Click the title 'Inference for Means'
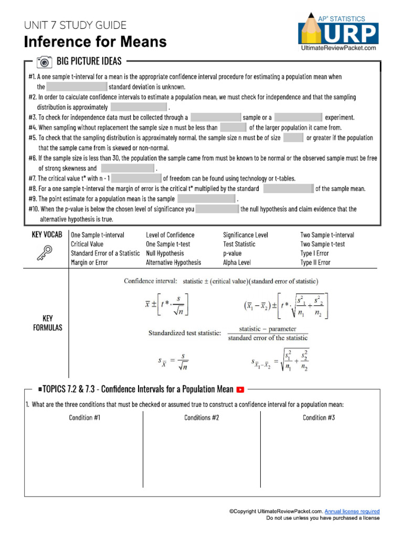click(96, 41)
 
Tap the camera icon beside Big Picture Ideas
click(45, 62)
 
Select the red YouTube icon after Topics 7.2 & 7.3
click(241, 389)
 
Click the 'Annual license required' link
click(352, 511)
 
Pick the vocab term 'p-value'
click(232, 253)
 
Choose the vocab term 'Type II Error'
click(315, 263)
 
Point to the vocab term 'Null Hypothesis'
click(165, 253)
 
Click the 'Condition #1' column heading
click(84, 417)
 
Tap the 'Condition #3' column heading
click(319, 417)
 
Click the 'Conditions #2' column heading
click(201, 417)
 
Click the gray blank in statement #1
click(77, 87)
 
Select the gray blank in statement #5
click(293, 138)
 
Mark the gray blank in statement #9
click(206, 199)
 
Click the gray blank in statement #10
click(217, 209)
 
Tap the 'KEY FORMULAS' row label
click(46, 323)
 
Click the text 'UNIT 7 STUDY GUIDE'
click(75, 25)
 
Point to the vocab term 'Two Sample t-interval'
click(327, 235)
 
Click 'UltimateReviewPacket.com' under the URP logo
click(338, 48)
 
